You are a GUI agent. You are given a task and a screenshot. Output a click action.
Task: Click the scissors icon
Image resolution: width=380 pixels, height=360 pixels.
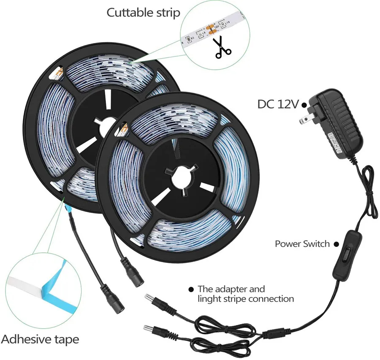223,48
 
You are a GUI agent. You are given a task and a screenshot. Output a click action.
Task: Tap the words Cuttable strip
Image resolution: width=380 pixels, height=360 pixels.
144,12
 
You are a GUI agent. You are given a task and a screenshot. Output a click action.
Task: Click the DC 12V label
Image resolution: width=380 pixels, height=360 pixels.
278,104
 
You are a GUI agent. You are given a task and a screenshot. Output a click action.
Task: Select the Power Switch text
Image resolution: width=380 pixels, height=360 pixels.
302,244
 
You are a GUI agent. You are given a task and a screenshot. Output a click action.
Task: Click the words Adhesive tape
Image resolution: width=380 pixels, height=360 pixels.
41,339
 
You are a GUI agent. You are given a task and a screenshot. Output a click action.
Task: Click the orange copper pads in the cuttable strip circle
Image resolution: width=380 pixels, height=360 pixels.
210,29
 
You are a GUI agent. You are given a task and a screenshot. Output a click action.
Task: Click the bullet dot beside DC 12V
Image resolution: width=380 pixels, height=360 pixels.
304,105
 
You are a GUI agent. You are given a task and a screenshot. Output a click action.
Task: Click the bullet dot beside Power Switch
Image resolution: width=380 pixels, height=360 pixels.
337,244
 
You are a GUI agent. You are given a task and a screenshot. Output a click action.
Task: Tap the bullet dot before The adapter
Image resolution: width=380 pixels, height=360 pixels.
191,289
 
